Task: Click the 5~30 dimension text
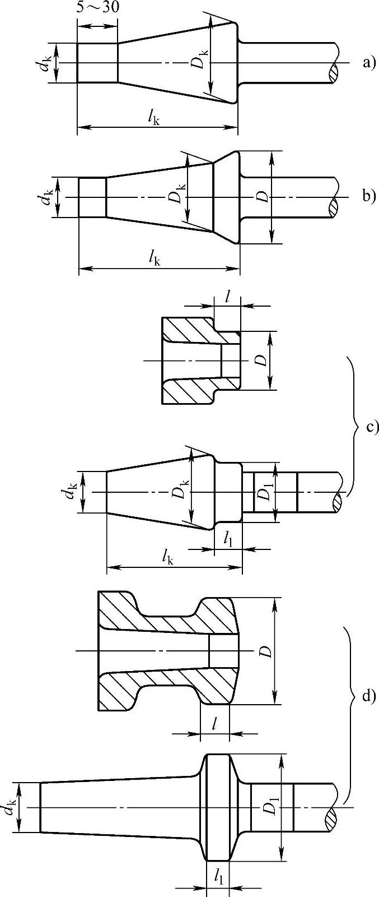click(x=97, y=8)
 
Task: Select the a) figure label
click(x=368, y=62)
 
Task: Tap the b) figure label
click(x=368, y=196)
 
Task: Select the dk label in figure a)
click(x=45, y=63)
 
